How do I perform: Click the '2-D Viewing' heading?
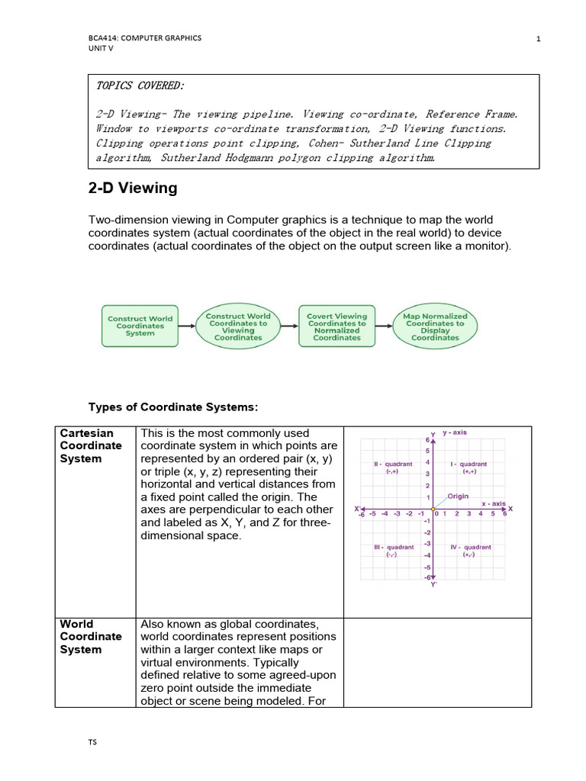point(134,188)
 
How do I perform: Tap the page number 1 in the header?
point(538,40)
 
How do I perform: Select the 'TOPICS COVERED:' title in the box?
point(140,86)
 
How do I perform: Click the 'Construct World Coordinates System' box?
point(140,326)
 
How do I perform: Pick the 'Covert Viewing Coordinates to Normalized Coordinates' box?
point(336,326)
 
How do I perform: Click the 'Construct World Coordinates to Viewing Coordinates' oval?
point(238,326)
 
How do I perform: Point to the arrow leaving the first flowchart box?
point(188,326)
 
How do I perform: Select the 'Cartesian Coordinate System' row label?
point(92,445)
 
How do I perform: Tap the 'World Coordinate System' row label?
point(92,636)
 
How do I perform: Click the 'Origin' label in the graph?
point(458,496)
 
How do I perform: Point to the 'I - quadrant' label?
point(469,468)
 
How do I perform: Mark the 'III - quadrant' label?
point(393,551)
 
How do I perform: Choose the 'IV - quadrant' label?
point(471,551)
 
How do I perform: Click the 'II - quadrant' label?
point(392,468)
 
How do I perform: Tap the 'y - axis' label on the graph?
point(456,432)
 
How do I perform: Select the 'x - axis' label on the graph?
point(493,503)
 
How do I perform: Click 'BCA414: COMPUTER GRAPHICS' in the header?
point(145,39)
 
